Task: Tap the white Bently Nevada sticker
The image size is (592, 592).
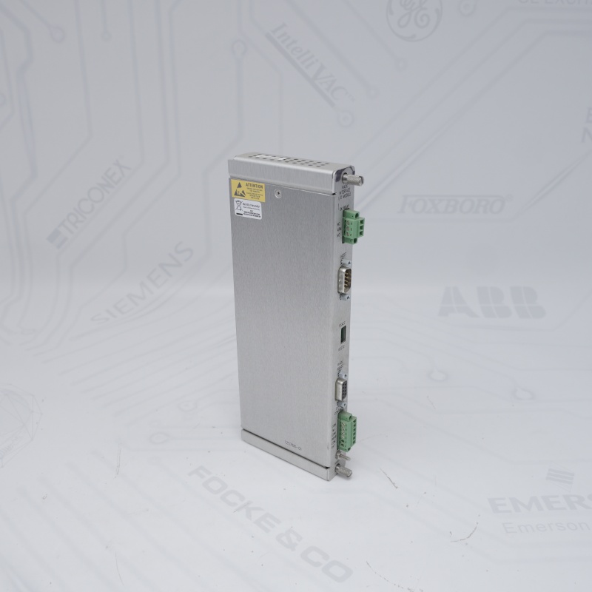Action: [x=249, y=209]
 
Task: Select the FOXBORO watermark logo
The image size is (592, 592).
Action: [x=454, y=204]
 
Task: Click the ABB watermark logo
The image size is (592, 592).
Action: [x=491, y=302]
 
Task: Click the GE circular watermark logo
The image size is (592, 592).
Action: [x=414, y=16]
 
